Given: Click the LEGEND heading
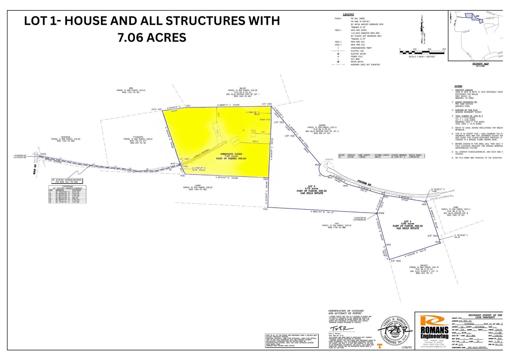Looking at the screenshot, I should pyautogui.click(x=348, y=15).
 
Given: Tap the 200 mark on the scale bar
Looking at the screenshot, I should pyautogui.click(x=429, y=49).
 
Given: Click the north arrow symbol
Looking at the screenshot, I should pyautogui.click(x=422, y=29).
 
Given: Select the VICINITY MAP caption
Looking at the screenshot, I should pyautogui.click(x=480, y=64).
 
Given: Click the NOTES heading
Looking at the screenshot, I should pyautogui.click(x=458, y=86).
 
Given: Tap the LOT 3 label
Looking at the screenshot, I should pyautogui.click(x=311, y=187).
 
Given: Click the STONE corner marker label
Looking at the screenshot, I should pyautogui.click(x=381, y=213).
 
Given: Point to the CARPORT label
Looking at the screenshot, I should pyautogui.click(x=329, y=160).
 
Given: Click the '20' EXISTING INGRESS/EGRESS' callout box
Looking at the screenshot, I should pyautogui.click(x=67, y=181).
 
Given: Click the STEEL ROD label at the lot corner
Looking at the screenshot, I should pyautogui.click(x=156, y=109).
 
